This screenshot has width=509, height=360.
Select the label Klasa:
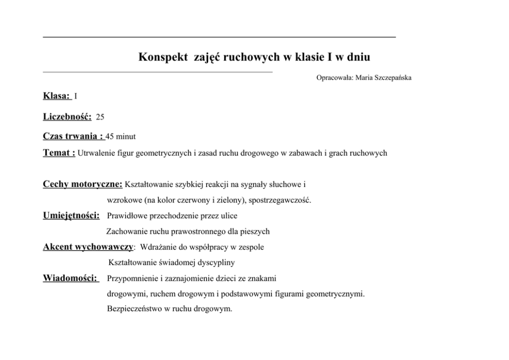[x=56, y=96]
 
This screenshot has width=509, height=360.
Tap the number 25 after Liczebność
[x=100, y=117]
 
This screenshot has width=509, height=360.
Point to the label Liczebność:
[x=67, y=117]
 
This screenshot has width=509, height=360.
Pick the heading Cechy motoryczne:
[x=83, y=184]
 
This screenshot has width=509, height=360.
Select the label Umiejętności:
[x=71, y=215]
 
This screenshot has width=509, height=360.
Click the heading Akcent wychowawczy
[x=88, y=247]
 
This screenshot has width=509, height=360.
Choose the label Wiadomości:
[x=70, y=278]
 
